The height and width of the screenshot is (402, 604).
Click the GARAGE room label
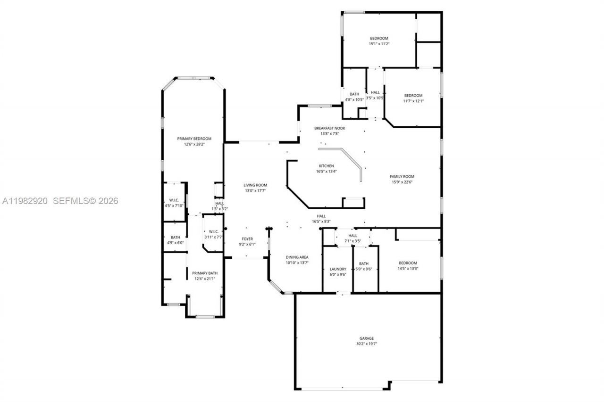coord(367,338)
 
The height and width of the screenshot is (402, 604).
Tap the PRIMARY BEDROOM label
coord(194,139)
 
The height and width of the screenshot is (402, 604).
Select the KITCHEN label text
coord(326,166)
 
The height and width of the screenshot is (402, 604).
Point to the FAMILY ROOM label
coord(402,176)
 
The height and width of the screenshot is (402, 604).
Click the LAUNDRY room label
coord(338,269)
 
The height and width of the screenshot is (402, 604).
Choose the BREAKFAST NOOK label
coord(330,128)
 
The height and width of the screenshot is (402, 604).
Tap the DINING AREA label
coord(297,257)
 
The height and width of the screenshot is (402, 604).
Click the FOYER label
coord(248,239)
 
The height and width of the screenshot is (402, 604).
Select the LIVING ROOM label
coord(255,185)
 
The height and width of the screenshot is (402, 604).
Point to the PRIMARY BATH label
coord(205,273)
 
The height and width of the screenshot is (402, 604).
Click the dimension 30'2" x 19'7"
coord(367,344)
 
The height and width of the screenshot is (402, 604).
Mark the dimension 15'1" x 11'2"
coord(379,44)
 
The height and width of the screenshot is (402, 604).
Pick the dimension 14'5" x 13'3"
coord(408,269)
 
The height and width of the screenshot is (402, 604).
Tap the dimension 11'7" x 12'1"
coord(413,101)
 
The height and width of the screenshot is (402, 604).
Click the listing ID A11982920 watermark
coord(25,201)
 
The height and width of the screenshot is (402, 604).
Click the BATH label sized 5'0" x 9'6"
coord(363,264)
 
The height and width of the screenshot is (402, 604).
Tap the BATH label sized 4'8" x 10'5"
coord(354,94)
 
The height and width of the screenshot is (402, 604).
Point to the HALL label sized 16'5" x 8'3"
coord(321,216)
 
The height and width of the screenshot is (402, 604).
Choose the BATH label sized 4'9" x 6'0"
coord(175,238)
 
